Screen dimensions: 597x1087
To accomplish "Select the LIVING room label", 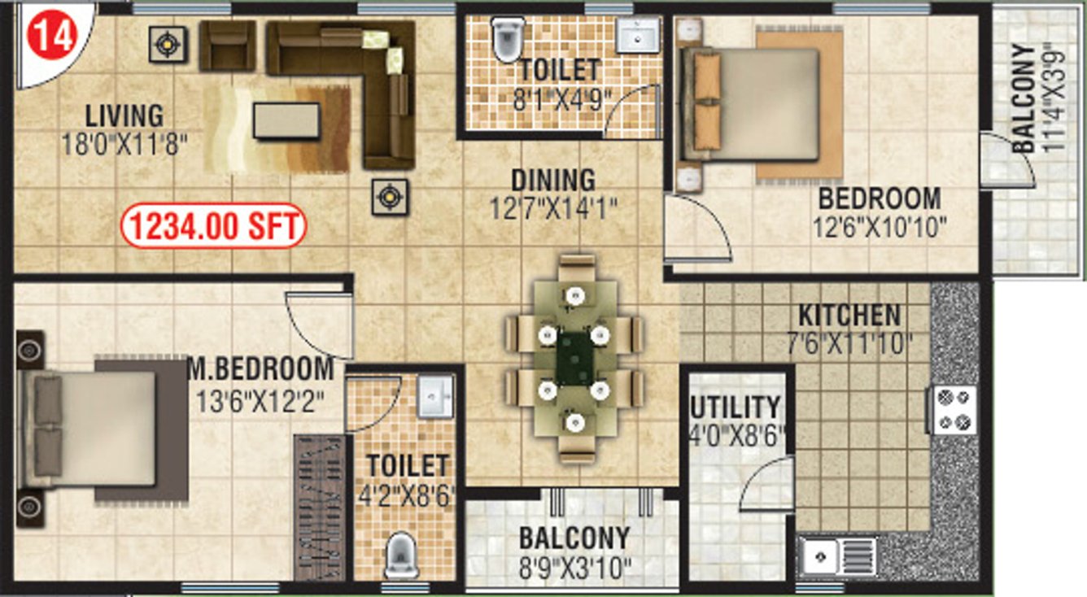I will click(124, 115).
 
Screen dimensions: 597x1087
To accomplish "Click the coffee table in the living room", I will click(286, 120).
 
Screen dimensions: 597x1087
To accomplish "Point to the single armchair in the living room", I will click(227, 46).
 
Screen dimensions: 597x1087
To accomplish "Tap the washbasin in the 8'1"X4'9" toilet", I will click(639, 36).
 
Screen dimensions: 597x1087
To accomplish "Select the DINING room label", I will click(553, 180).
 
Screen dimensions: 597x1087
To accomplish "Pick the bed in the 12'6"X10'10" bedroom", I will click(753, 104).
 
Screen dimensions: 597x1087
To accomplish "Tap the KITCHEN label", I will click(849, 315).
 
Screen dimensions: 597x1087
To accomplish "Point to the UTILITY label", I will click(735, 407).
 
